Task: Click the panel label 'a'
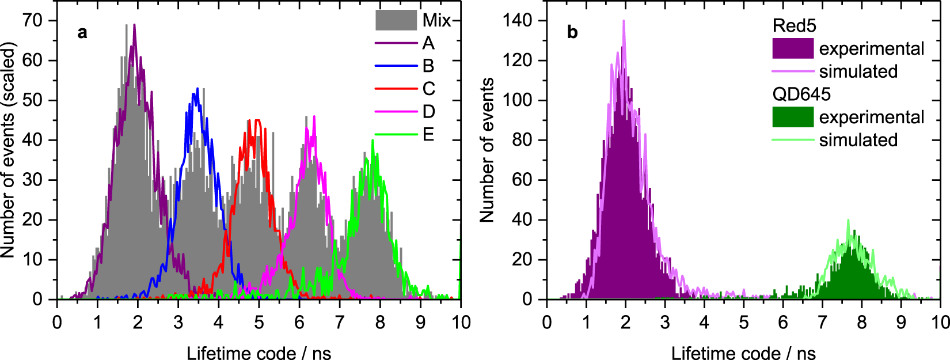pyautogui.click(x=82, y=32)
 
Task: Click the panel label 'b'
pyautogui.click(x=572, y=32)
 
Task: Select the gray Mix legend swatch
pyautogui.click(x=396, y=20)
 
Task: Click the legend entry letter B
pyautogui.click(x=428, y=66)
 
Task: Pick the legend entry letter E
pyautogui.click(x=428, y=134)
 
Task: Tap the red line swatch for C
pyautogui.click(x=396, y=89)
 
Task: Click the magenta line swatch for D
pyautogui.click(x=396, y=112)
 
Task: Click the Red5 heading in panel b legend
pyautogui.click(x=794, y=26)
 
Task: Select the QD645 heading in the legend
pyautogui.click(x=801, y=94)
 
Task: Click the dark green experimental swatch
pyautogui.click(x=792, y=117)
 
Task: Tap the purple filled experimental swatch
pyautogui.click(x=792, y=48)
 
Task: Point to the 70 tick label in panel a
pyautogui.click(x=32, y=21)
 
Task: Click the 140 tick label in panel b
pyautogui.click(x=516, y=21)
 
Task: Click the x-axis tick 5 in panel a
pyautogui.click(x=259, y=322)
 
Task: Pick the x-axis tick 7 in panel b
pyautogui.click(x=822, y=322)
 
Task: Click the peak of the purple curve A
pyautogui.click(x=134, y=25)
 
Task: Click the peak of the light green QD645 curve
pyautogui.click(x=848, y=221)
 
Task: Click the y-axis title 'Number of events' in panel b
pyautogui.click(x=487, y=150)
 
